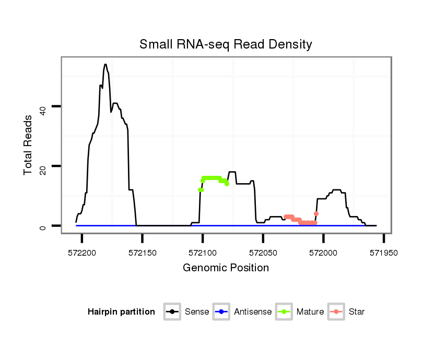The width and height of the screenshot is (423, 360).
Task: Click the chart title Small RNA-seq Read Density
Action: pos(226,44)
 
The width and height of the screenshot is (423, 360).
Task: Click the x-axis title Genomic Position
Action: pos(226,268)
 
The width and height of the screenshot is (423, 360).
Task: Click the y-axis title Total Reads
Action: pos(29,145)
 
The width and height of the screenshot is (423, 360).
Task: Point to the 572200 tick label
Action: pos(82,252)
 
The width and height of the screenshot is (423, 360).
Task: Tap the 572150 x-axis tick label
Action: pos(143,252)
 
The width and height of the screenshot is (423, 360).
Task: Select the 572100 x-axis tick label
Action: pos(203,252)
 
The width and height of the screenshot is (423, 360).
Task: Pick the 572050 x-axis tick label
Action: pos(263,252)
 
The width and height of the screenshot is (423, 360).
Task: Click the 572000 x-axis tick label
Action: pos(323,252)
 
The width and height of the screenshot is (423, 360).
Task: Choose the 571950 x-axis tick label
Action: pos(384,252)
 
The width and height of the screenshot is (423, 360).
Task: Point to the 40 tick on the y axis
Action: pos(44,106)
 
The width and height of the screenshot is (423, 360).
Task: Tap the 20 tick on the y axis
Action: pos(44,166)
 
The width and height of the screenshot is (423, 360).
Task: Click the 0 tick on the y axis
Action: pos(44,226)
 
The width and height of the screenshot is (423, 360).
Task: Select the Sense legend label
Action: pos(197,312)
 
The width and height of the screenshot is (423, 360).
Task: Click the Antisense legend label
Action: pos(253,312)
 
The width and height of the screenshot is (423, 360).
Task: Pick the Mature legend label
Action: pos(310,312)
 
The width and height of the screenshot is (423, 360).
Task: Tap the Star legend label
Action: pos(357,312)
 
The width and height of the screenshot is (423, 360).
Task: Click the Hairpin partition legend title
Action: pos(121,312)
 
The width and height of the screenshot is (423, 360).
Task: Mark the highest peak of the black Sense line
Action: pos(105,65)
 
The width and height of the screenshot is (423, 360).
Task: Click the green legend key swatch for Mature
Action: pos(284,312)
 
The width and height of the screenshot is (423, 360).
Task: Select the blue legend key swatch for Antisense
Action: pos(221,312)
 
